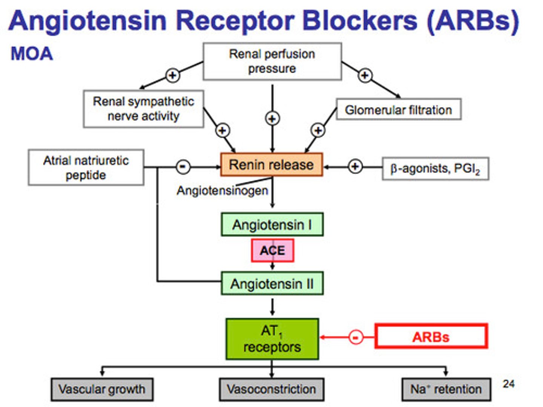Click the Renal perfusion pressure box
pos(272,61)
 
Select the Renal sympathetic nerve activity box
pos(143,109)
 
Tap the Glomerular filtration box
pos(398,110)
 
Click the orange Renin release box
pos(271,165)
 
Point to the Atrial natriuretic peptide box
pos(86,168)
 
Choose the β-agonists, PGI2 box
pos(435,168)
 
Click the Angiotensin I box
pos(272,225)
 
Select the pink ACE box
pos(272,251)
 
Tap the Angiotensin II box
pos(272,283)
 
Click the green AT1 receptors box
pos(272,339)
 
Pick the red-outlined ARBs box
pos(431,336)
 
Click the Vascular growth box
pos(102,389)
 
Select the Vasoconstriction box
pos(271,389)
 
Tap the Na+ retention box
pos(446,389)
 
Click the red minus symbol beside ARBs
pos(356,337)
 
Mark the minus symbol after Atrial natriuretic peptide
pos(183,167)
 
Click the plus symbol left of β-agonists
pos(355,166)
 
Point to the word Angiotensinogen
pos(222,191)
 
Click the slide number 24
pos(508,384)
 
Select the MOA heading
pos(32,54)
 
